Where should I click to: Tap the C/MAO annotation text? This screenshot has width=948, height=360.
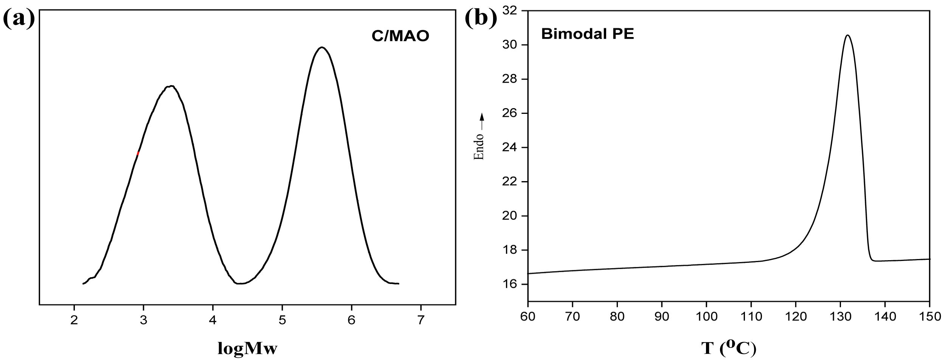400,36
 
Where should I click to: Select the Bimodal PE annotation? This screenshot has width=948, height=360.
587,34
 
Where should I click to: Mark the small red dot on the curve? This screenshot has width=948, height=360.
138,153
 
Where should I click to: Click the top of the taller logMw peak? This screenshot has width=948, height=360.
322,47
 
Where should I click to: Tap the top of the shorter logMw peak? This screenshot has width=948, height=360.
171,86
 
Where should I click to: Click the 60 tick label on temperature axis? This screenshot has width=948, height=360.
528,316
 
